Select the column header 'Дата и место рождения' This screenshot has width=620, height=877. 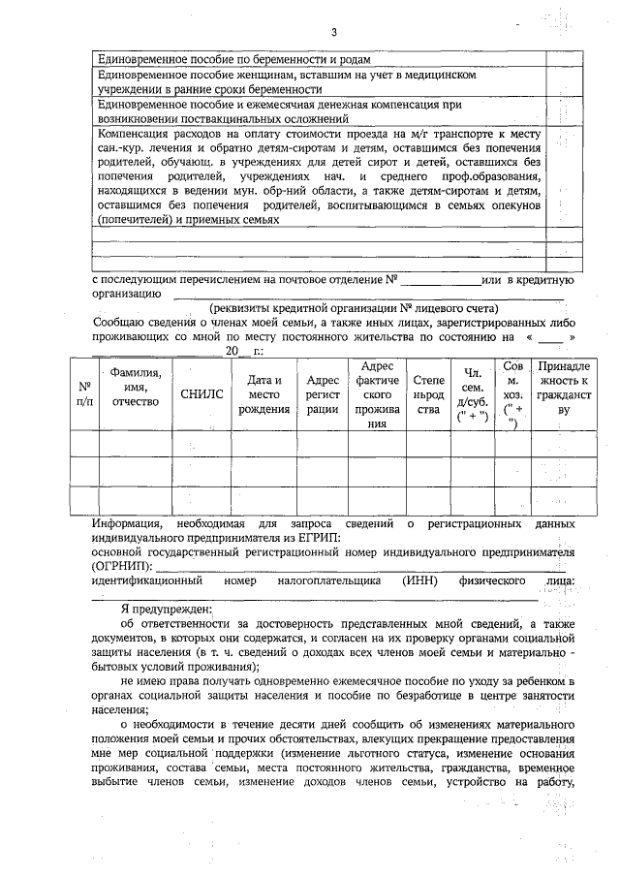point(263,394)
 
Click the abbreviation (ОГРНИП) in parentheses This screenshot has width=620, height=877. point(121,564)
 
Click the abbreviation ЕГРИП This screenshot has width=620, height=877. point(321,538)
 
